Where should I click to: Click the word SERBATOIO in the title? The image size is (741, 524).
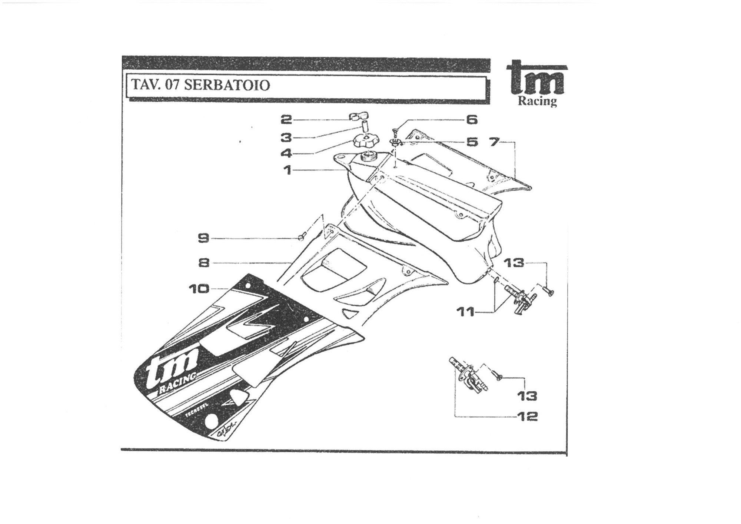[x=227, y=85]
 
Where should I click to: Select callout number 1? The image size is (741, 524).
[x=288, y=170]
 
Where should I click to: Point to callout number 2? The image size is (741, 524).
[x=286, y=120]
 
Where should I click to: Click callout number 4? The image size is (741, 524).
[x=286, y=153]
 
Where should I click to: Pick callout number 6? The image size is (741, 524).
[x=471, y=120]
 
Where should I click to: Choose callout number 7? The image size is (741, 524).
[x=494, y=142]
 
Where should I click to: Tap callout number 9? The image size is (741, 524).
[x=204, y=238]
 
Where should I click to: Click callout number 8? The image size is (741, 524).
[x=204, y=263]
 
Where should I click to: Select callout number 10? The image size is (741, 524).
[x=199, y=289]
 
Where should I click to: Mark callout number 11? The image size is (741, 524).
[x=465, y=312]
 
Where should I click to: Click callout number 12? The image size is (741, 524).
[x=527, y=417]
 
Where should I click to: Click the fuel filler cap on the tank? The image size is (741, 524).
[x=364, y=141]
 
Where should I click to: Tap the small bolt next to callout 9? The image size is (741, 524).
[x=302, y=236]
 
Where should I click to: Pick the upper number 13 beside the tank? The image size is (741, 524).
[x=514, y=263]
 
